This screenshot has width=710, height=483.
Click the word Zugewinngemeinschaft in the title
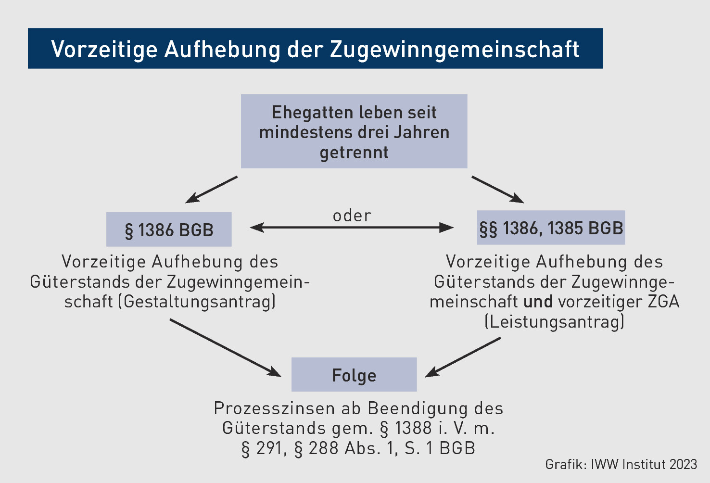coord(455,50)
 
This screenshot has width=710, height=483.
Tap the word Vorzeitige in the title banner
coord(104,50)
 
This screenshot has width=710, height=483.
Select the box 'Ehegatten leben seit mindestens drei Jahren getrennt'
coord(354,131)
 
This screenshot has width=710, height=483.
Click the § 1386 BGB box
coord(169,229)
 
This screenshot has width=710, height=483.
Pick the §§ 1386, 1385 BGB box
coord(551,228)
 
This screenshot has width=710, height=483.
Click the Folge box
coord(354,375)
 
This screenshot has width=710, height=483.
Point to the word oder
coord(352,216)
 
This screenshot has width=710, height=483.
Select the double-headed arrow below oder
coord(352,227)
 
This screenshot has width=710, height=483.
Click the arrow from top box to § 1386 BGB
coord(211,190)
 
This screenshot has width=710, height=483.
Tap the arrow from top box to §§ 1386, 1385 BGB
coord(498,190)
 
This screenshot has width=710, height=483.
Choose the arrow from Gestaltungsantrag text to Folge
coord(226,348)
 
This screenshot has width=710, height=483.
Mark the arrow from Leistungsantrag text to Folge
coord(463,357)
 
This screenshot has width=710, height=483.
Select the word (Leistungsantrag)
coord(554,321)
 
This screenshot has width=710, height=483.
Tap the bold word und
coord(538,302)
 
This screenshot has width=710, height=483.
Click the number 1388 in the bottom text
coord(413,428)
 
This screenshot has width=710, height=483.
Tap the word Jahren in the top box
coord(421,132)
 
